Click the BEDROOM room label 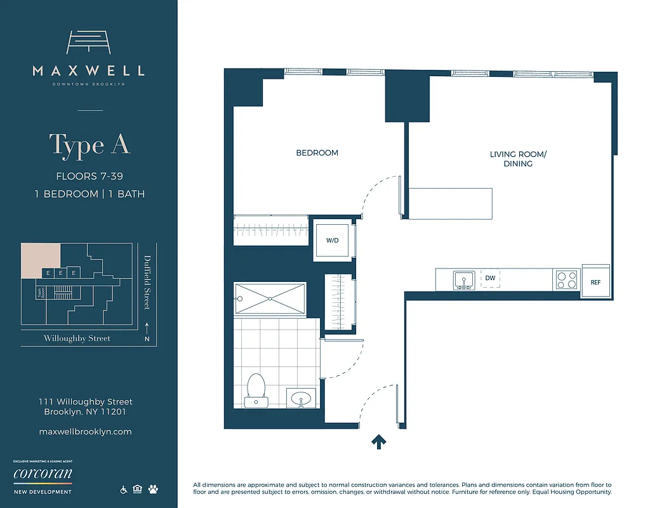click(317, 153)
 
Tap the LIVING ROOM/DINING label click(517, 159)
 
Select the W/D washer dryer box click(333, 241)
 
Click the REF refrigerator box click(595, 282)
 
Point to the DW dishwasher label click(490, 278)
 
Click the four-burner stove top click(566, 280)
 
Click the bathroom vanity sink click(302, 399)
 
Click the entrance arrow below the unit click(379, 441)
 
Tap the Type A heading click(90, 145)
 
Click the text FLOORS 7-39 click(90, 177)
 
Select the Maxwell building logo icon click(90, 43)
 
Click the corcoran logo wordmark click(43, 474)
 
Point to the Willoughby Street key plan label click(77, 338)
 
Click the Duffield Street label click(147, 282)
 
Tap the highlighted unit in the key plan click(41, 260)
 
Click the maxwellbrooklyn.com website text click(86, 431)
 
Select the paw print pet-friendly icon click(153, 490)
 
